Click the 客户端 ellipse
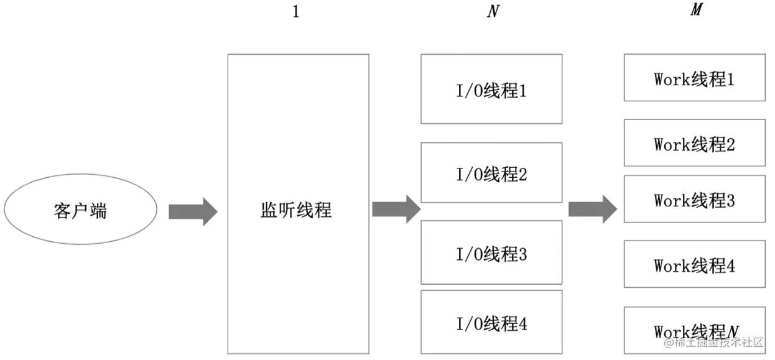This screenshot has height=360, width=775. pos(81,211)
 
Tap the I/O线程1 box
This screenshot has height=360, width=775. pos(491,89)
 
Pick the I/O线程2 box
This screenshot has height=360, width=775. pos(491,172)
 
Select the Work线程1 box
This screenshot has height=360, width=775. pos(694,78)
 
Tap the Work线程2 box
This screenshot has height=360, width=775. pos(694,143)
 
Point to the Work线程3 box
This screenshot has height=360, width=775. pos(694,199)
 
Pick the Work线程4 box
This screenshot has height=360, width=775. pos(694,264)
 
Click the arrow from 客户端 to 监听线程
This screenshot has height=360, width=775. pos(193,211)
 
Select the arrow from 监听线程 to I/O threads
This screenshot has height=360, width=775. pos(396,209)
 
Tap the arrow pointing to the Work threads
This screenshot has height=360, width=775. pos(592,209)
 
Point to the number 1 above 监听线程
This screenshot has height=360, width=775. pos(296,12)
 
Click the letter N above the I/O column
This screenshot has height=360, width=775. pos(493,12)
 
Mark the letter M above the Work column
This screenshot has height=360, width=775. pos(695,11)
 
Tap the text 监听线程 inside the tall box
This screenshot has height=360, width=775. pos(296,210)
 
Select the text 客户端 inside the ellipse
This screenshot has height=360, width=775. pos(81,211)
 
